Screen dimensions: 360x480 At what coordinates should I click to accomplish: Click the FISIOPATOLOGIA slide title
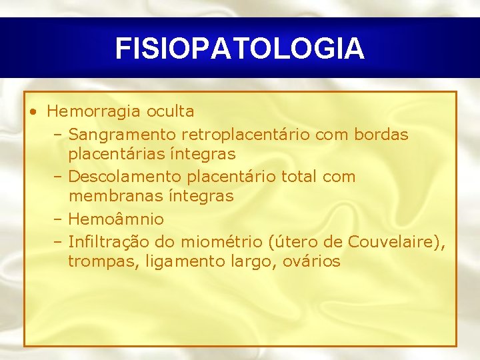(x=239, y=49)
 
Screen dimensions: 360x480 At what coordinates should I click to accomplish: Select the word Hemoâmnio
(x=116, y=219)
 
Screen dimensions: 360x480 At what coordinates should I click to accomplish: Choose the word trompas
(x=101, y=261)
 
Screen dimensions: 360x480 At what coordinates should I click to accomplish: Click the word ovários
(x=313, y=261)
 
